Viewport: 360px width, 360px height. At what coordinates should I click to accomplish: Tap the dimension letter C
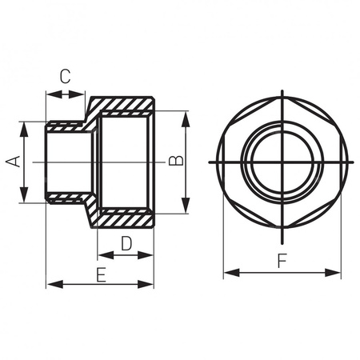pos(66,77)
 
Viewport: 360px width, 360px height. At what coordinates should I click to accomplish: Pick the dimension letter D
pos(126,242)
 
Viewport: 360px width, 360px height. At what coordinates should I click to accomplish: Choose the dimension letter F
pos(282,260)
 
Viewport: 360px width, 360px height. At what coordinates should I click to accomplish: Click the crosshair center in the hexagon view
pos(282,162)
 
